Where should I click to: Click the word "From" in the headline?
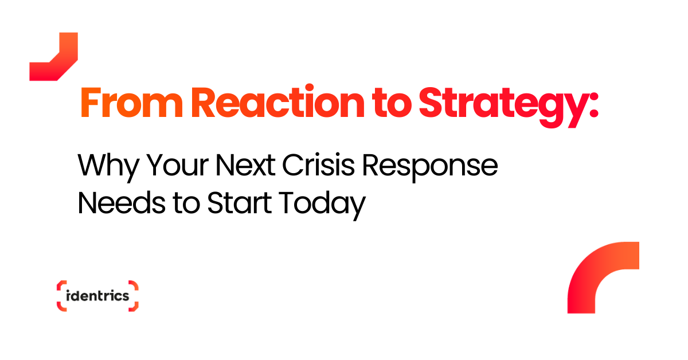[x=132, y=103]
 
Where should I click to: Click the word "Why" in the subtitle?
[x=108, y=168]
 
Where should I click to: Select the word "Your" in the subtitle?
[x=178, y=165]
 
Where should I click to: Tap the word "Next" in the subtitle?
[x=245, y=165]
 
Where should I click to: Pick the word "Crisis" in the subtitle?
[x=319, y=165]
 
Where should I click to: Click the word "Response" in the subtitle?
[x=430, y=168]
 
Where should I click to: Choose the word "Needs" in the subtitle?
[x=122, y=203]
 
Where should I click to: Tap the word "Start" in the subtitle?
[x=240, y=203]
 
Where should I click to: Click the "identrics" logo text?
[x=97, y=296]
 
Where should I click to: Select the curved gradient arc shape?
[x=585, y=271]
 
